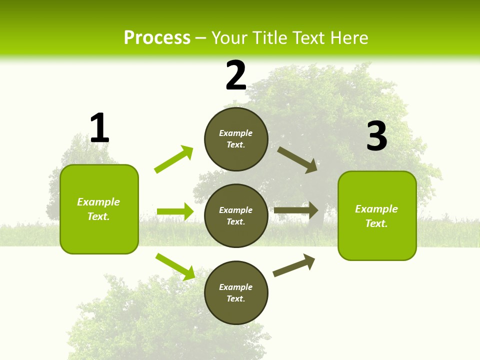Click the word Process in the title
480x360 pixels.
click(x=157, y=37)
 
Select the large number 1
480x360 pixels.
click(x=99, y=128)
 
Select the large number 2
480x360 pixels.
click(x=236, y=75)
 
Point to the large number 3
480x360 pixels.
click(x=376, y=136)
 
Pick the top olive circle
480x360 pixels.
click(x=236, y=139)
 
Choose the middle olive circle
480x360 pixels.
click(x=236, y=215)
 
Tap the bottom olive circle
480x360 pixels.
click(x=236, y=292)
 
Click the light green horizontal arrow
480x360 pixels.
click(x=175, y=211)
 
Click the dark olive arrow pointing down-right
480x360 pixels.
click(x=297, y=160)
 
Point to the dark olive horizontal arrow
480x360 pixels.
click(x=296, y=210)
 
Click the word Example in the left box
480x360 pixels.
click(x=98, y=202)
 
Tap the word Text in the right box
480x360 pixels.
click(x=376, y=223)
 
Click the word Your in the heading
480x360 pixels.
click(x=230, y=37)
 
